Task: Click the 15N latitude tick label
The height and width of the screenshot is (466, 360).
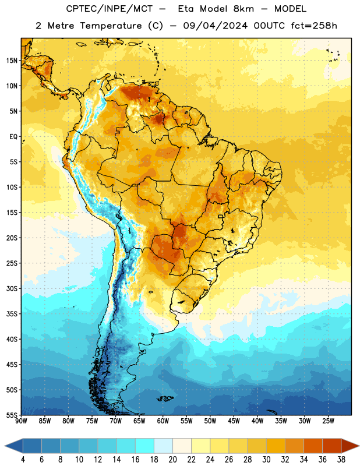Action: [x=12, y=61]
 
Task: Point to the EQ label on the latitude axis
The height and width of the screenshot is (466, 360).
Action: [x=13, y=137]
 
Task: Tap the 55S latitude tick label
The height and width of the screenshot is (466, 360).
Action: [x=12, y=415]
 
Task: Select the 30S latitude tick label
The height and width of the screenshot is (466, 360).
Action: [x=12, y=288]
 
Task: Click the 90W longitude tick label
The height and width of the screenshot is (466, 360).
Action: [x=21, y=421]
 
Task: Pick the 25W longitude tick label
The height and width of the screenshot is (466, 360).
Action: [x=328, y=421]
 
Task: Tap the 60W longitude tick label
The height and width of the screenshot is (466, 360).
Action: [x=163, y=421]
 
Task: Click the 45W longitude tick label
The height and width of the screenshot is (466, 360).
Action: [x=234, y=421]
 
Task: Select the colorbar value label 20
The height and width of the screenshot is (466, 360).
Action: [x=172, y=460]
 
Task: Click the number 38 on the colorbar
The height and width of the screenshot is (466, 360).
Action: [x=341, y=460]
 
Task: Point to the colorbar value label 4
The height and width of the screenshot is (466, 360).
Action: [x=23, y=460]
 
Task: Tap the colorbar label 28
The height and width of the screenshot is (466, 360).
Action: [x=248, y=460]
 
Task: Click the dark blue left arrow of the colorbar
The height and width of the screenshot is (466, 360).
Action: [x=14, y=446]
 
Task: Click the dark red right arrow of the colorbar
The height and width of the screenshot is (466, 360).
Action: [x=350, y=446]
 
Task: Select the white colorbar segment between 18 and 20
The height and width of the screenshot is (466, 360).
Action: [x=163, y=446]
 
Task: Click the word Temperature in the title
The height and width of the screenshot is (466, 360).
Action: [x=111, y=26]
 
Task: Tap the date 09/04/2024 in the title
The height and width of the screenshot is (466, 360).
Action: [x=215, y=26]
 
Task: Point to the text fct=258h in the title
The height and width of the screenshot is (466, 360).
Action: [x=314, y=26]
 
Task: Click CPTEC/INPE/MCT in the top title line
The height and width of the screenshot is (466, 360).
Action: [x=110, y=9]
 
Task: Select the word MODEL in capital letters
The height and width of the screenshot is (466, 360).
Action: [x=291, y=9]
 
